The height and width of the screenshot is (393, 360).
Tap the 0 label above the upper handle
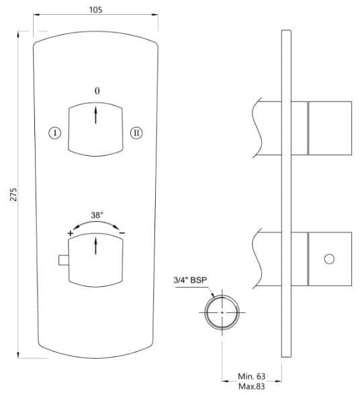(x=97, y=90)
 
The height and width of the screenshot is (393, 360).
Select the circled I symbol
(x=56, y=132)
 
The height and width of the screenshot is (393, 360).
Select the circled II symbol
(x=136, y=132)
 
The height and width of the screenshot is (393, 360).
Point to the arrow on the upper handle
(x=97, y=114)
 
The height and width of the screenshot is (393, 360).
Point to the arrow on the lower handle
(x=97, y=245)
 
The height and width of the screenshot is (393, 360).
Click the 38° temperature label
(x=97, y=215)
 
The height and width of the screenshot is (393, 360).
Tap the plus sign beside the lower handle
(x=70, y=232)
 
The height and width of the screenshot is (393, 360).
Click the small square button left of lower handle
(x=64, y=260)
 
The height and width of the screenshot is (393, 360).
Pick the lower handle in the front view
(x=97, y=261)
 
